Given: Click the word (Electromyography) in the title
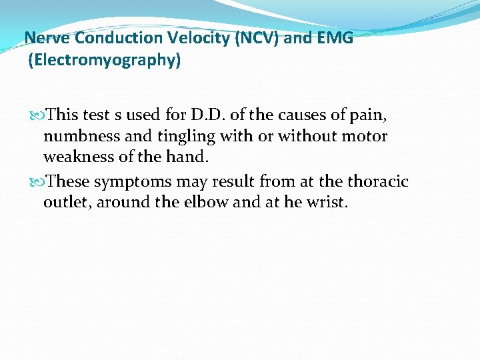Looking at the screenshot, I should point(104,61).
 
